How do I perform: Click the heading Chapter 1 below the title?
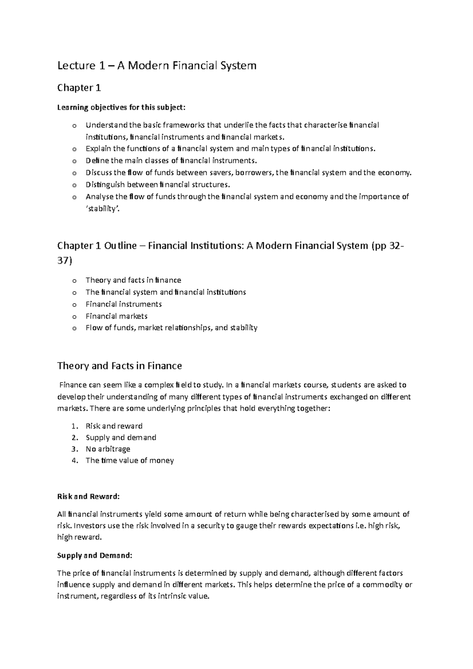coord(79,88)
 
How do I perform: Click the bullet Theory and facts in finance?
coord(133,280)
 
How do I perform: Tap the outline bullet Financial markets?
coord(116,316)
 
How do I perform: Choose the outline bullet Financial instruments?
coord(123,304)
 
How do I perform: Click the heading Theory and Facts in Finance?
coord(119,366)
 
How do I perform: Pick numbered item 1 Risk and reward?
coord(114,426)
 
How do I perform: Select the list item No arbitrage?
coord(108,449)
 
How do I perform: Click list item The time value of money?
coord(129,460)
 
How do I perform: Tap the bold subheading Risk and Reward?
coord(88,496)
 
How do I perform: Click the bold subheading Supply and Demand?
coord(95,556)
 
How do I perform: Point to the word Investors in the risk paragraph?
coord(89,526)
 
